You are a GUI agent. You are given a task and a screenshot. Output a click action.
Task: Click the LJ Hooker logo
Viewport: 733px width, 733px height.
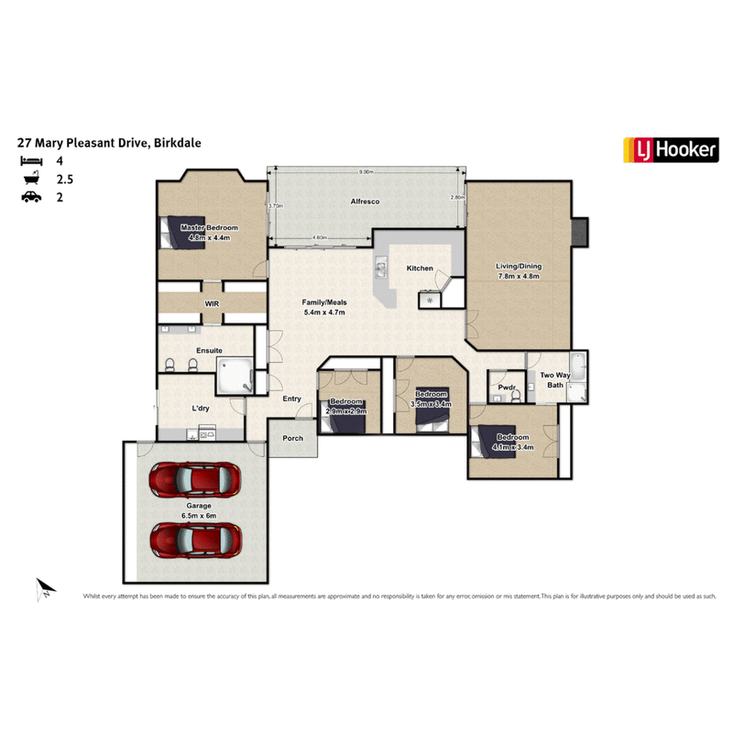(x=670, y=149)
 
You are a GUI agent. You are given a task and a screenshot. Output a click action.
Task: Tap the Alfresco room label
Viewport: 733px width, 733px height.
(x=366, y=201)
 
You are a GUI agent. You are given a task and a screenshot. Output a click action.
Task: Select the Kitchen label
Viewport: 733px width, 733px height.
(x=420, y=268)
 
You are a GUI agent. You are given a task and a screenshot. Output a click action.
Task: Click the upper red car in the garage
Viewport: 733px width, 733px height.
(x=195, y=478)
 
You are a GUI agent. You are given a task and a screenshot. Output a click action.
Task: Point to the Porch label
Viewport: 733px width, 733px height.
(x=292, y=438)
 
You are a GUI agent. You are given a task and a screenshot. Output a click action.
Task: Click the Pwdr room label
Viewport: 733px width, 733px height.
(x=507, y=387)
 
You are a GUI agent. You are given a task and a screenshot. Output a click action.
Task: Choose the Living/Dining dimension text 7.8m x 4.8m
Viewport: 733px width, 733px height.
(x=520, y=276)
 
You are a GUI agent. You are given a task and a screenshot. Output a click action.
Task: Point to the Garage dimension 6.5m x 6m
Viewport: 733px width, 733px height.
(x=199, y=514)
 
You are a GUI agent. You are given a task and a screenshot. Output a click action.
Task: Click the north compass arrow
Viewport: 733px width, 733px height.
(x=45, y=587)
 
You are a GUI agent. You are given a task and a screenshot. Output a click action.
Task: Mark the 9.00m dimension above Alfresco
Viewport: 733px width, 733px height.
(x=366, y=172)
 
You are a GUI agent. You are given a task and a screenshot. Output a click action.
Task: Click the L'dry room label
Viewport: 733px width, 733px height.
(x=201, y=409)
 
